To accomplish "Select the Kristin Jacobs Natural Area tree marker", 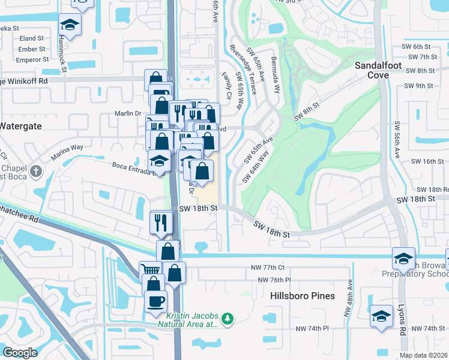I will tap(228, 318).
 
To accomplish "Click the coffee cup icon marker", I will tap(155, 301).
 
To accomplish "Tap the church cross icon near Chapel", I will tap(36, 172).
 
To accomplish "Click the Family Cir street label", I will tap(227, 85).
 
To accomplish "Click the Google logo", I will tap(20, 353).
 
